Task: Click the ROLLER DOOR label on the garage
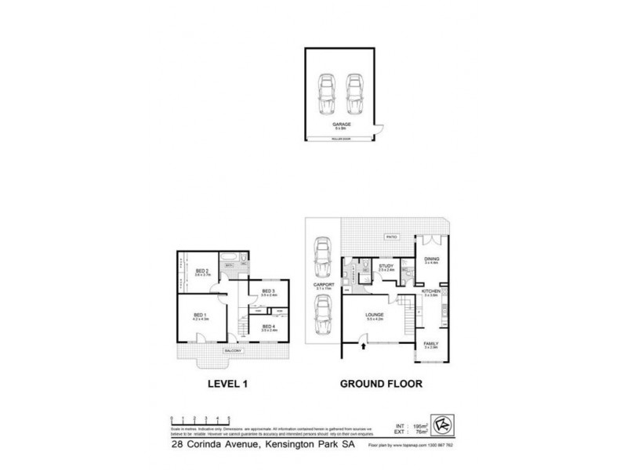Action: pos(340,139)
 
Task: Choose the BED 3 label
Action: pos(267,291)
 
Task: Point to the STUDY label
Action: pos(385,266)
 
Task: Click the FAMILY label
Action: pos(430,343)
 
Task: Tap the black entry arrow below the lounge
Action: pos(362,338)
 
